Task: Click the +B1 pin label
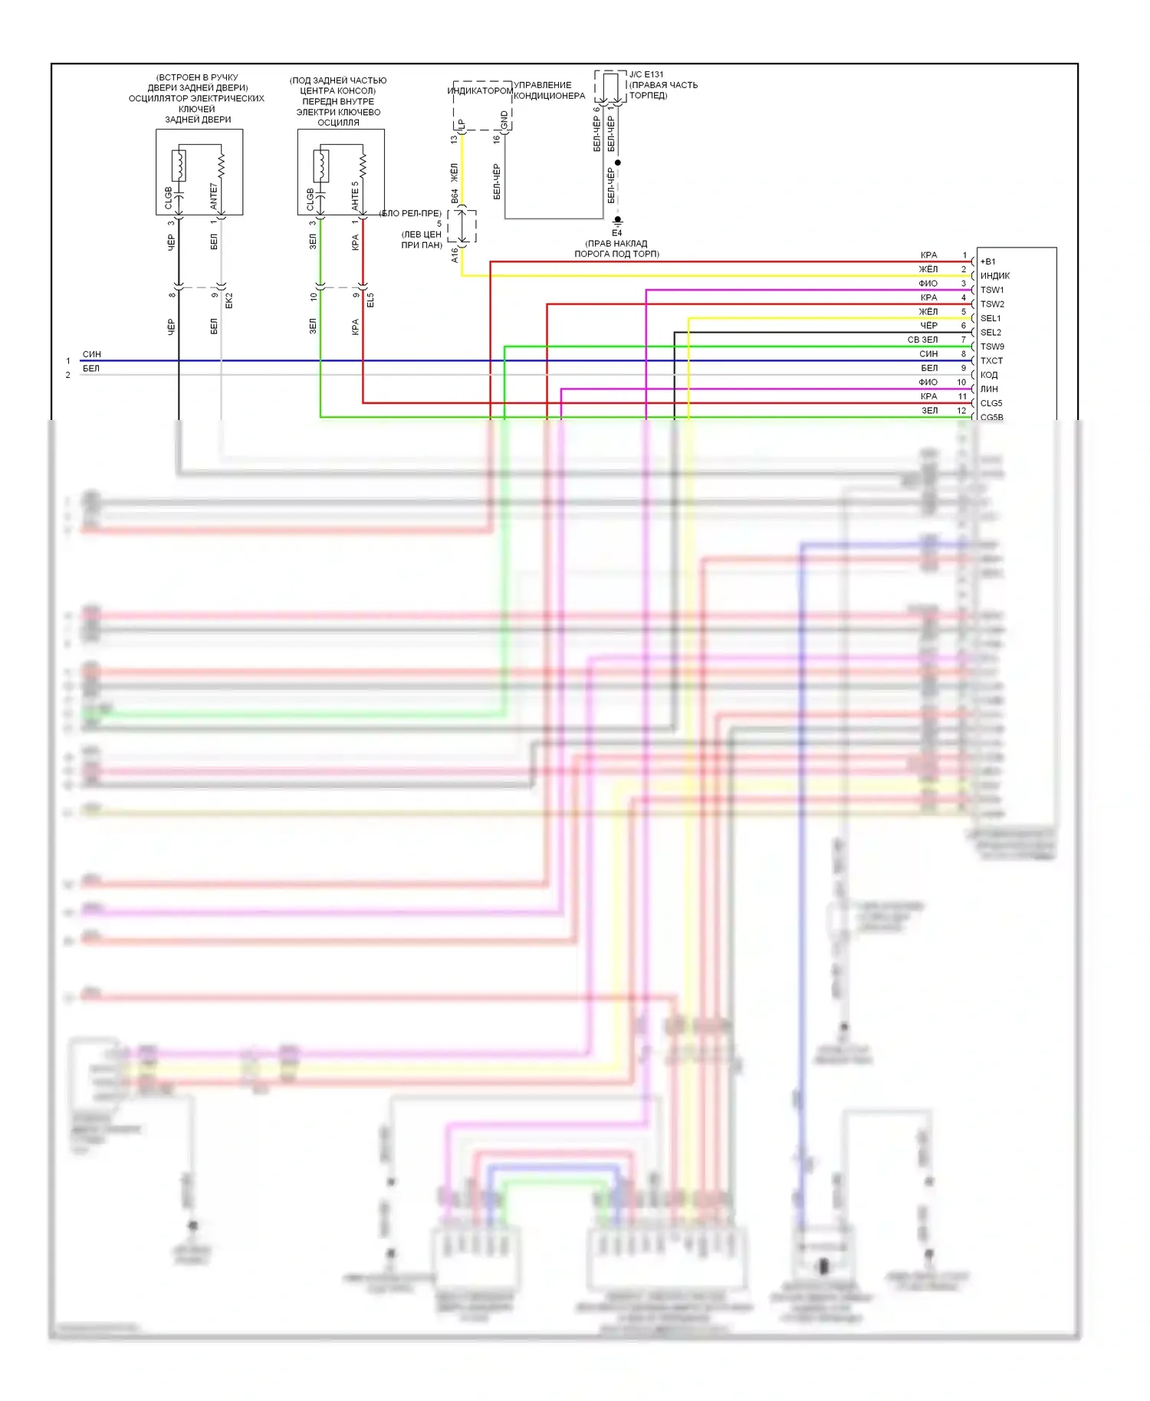(987, 261)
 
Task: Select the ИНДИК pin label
(994, 276)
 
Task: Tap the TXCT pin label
(991, 361)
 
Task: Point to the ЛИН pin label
(989, 389)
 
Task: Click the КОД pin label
(989, 375)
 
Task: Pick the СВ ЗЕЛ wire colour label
(922, 340)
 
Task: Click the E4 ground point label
(617, 233)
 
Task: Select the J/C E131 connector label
(646, 75)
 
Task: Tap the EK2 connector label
(228, 300)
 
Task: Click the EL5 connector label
(370, 300)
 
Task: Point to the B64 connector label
(455, 196)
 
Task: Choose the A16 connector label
(455, 255)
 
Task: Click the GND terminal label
(504, 120)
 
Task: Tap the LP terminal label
(462, 123)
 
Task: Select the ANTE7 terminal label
(214, 196)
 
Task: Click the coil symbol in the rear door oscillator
(179, 165)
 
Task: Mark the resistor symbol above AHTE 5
(363, 163)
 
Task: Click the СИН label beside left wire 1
(91, 354)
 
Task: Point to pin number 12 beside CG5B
(961, 411)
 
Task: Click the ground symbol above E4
(617, 221)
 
